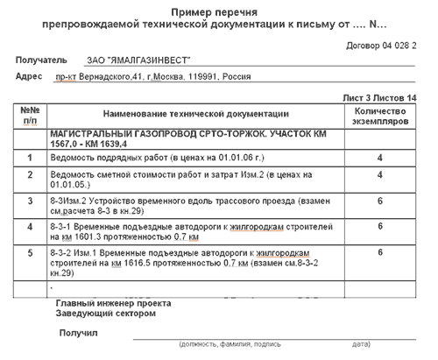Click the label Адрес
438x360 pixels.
pos(30,77)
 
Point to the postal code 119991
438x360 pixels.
pos(236,78)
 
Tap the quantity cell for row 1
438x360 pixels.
pos(379,158)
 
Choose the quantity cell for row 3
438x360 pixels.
pos(379,201)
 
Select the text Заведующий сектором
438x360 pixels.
pos(105,313)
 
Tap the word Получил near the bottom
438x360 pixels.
pos(78,333)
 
